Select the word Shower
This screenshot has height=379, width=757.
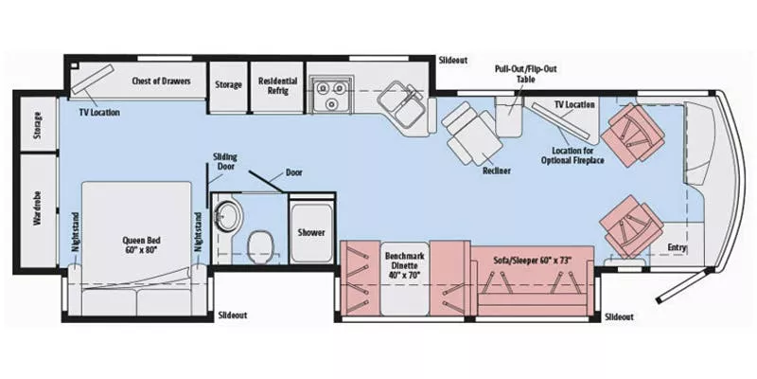click(310, 232)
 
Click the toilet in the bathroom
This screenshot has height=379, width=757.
click(257, 248)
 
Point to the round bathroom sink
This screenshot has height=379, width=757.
click(228, 214)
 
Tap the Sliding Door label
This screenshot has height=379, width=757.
click(224, 161)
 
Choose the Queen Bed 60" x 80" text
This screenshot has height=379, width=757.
click(137, 245)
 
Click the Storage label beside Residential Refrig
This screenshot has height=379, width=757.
click(227, 82)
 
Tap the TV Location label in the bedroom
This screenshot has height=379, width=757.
click(99, 113)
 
